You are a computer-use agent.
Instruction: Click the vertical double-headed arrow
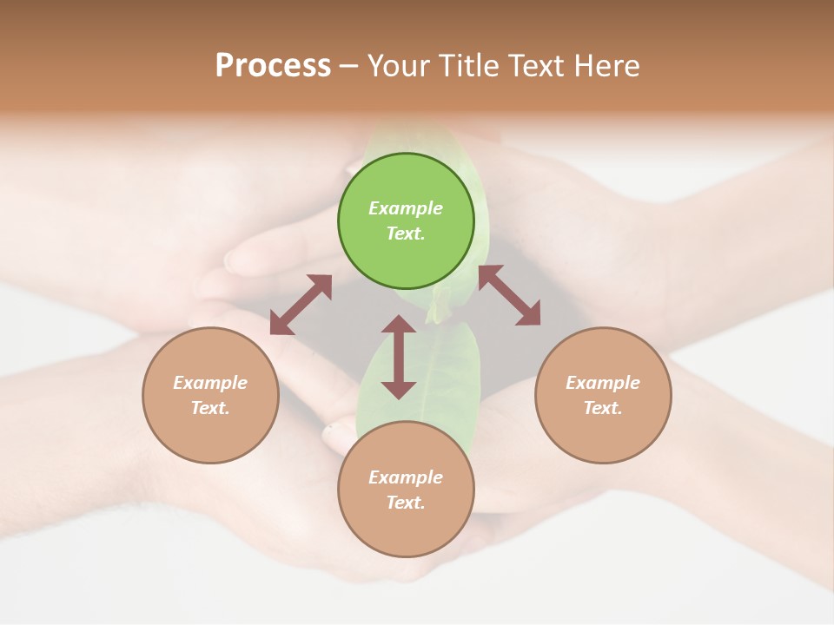tap(399, 357)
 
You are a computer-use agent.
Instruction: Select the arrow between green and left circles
tap(301, 305)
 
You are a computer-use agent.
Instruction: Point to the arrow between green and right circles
tap(509, 296)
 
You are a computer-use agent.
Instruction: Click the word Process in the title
tap(273, 66)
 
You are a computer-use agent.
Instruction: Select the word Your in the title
tap(397, 66)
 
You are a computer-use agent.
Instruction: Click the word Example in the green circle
tap(406, 208)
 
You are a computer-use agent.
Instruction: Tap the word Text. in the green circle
tap(406, 234)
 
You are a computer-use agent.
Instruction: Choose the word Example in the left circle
tap(210, 383)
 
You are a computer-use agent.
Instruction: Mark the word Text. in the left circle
tap(210, 408)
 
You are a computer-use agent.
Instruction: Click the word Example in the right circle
tap(603, 383)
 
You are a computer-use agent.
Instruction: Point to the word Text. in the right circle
tap(603, 408)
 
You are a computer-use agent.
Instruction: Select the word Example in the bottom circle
tap(406, 477)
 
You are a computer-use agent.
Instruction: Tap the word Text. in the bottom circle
tap(406, 503)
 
